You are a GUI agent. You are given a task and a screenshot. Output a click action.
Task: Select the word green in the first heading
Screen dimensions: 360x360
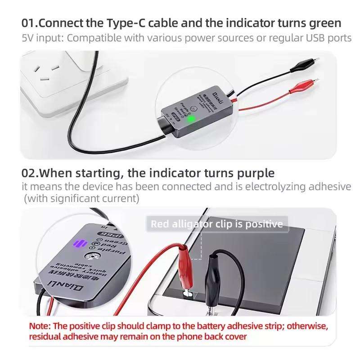coord(325,22)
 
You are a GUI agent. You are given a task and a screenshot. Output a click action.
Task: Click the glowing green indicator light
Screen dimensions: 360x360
coord(191,119)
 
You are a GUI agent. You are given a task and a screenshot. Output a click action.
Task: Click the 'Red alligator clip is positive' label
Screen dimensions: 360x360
coord(216,224)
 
